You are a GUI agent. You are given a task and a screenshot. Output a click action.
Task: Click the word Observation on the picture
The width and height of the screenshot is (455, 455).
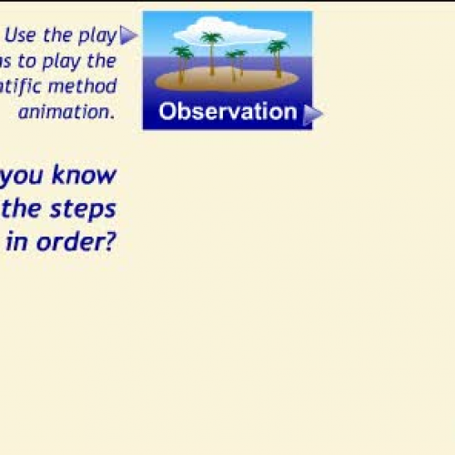[227, 112]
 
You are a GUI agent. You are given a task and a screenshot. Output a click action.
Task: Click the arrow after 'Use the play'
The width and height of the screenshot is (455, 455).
[128, 35]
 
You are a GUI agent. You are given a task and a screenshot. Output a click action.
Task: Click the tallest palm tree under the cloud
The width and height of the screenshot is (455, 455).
[212, 51]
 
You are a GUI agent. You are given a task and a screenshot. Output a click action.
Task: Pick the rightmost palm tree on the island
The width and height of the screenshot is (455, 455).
[277, 56]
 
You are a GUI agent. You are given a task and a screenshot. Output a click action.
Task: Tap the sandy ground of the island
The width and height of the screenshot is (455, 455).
[227, 82]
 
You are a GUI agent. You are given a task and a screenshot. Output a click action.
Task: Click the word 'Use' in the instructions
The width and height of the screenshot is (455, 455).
[20, 36]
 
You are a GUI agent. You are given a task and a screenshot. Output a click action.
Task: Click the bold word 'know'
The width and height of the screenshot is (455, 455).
[84, 174]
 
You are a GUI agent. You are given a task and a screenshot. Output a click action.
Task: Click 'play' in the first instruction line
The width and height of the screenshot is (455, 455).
[99, 36]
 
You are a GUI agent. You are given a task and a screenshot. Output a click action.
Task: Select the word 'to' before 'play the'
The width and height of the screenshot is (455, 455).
[38, 61]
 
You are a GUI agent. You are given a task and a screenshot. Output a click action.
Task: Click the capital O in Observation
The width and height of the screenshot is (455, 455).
[167, 112]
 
